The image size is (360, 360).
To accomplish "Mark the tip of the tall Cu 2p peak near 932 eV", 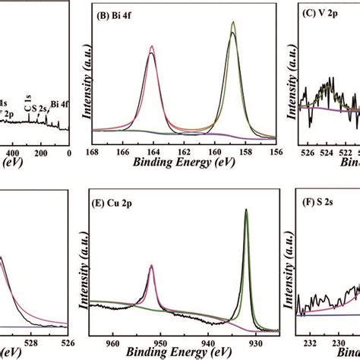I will [x=246, y=210].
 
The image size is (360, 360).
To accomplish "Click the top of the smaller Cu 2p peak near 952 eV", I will [x=152, y=265].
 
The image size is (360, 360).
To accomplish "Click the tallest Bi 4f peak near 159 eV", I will [x=232, y=23].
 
